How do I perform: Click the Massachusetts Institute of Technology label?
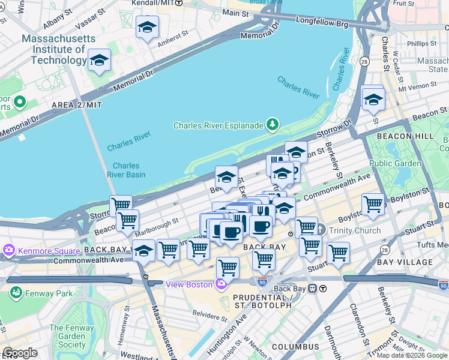[58, 49]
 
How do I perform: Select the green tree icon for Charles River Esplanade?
[273, 124]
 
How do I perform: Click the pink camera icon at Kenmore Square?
[9, 249]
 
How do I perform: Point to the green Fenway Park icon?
[16, 293]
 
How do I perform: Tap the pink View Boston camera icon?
[222, 284]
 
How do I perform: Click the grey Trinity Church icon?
[320, 230]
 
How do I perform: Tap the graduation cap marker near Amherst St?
[147, 28]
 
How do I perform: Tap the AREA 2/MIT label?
[77, 104]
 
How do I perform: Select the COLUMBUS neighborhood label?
[295, 347]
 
